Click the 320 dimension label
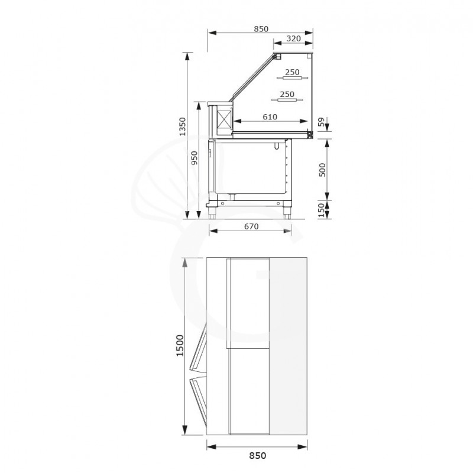(x=294, y=38)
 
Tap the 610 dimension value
(x=269, y=117)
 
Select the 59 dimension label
(x=322, y=122)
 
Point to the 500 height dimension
(x=322, y=170)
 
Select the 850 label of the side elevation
(x=261, y=28)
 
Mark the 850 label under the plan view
(x=258, y=455)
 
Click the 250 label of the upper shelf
(x=291, y=72)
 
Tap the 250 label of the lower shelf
(x=287, y=94)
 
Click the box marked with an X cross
(x=225, y=121)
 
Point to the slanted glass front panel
(x=253, y=76)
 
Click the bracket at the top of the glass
(x=276, y=57)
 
